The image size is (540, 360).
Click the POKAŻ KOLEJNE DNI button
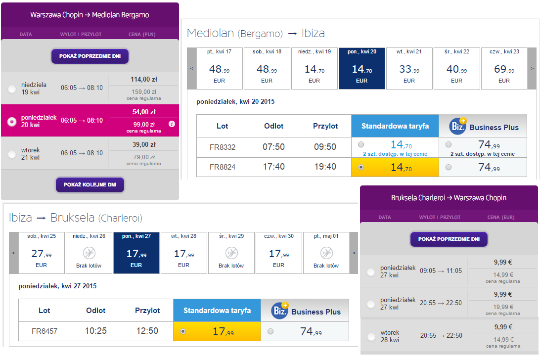pos(90,184)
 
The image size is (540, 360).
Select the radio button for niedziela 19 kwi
pos(12,89)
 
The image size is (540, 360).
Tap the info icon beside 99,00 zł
pos(172,124)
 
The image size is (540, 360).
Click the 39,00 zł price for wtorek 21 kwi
pos(144,145)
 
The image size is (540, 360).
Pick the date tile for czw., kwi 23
pos(504,68)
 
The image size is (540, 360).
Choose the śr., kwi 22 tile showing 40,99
pos(456,68)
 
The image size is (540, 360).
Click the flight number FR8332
pos(223,147)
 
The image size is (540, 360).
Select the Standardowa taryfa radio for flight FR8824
pos(361,167)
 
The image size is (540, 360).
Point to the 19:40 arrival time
pos(325,167)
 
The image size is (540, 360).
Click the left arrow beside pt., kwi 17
pos(191,68)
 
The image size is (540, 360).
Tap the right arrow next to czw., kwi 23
pos(532,68)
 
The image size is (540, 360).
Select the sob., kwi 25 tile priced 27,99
pos(42,253)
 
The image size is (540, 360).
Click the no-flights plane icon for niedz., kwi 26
pos(89,253)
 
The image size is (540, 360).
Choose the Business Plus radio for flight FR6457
pos(270,331)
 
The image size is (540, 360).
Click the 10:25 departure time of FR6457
pos(96,331)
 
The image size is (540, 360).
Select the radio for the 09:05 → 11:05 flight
pos(371,272)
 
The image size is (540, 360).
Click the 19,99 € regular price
pos(503,307)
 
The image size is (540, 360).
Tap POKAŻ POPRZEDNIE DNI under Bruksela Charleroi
pos(449,239)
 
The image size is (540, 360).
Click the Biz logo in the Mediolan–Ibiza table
pos(458,127)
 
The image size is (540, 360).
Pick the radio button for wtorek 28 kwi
pos(371,337)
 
